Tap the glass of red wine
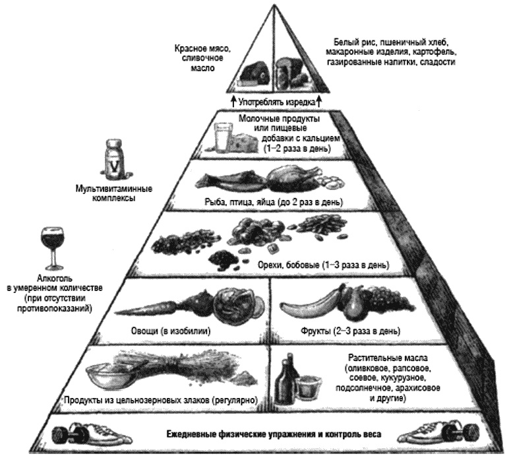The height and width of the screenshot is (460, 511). (x=50, y=244)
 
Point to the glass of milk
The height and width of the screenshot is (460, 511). (x=221, y=139)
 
